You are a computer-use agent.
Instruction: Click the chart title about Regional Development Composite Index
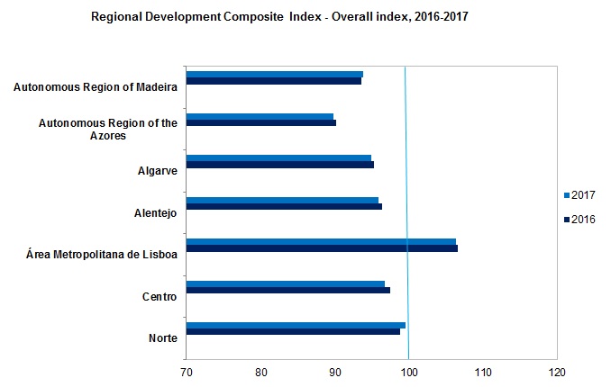coord(279,16)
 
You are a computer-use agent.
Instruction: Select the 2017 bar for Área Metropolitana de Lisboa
coord(320,241)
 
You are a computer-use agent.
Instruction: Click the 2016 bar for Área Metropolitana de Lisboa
coord(321,248)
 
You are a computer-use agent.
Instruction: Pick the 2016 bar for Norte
coord(292,332)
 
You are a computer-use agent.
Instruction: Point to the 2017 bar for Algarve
coord(278,157)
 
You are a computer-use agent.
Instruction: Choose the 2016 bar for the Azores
coord(260,123)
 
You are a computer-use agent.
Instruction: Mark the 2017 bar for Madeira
coord(274,74)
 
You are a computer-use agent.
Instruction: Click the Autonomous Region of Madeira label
coord(95,87)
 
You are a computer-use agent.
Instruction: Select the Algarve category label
coord(156,171)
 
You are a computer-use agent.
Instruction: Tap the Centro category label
coord(159,296)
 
